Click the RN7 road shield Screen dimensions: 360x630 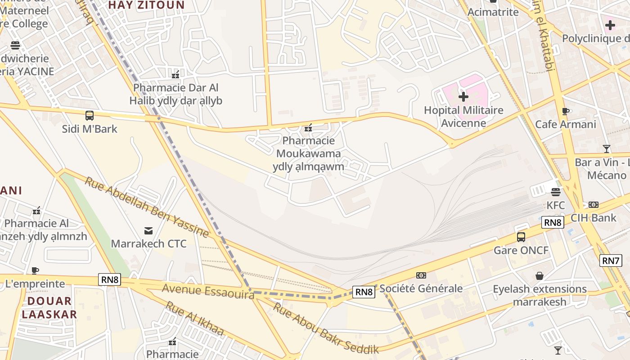click(x=611, y=260)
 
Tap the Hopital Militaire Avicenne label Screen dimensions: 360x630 click(x=463, y=117)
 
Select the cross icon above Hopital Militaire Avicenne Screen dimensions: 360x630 click(x=463, y=97)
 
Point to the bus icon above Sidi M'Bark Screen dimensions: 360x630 click(x=90, y=116)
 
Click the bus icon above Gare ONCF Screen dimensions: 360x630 click(x=521, y=237)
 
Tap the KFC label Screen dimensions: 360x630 click(x=555, y=206)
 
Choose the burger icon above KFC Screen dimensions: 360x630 click(x=555, y=192)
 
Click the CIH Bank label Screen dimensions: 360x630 click(x=593, y=218)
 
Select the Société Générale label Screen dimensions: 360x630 click(x=421, y=288)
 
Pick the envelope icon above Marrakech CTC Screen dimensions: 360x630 click(x=148, y=231)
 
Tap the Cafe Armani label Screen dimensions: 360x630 click(x=565, y=124)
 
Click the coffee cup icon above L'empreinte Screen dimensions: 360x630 click(x=35, y=270)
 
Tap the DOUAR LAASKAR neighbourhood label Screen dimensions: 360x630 click(x=49, y=307)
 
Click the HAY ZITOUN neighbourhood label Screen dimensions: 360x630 click(x=147, y=5)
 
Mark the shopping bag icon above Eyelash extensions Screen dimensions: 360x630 click(x=539, y=276)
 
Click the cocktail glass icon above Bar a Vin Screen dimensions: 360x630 click(x=607, y=149)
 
